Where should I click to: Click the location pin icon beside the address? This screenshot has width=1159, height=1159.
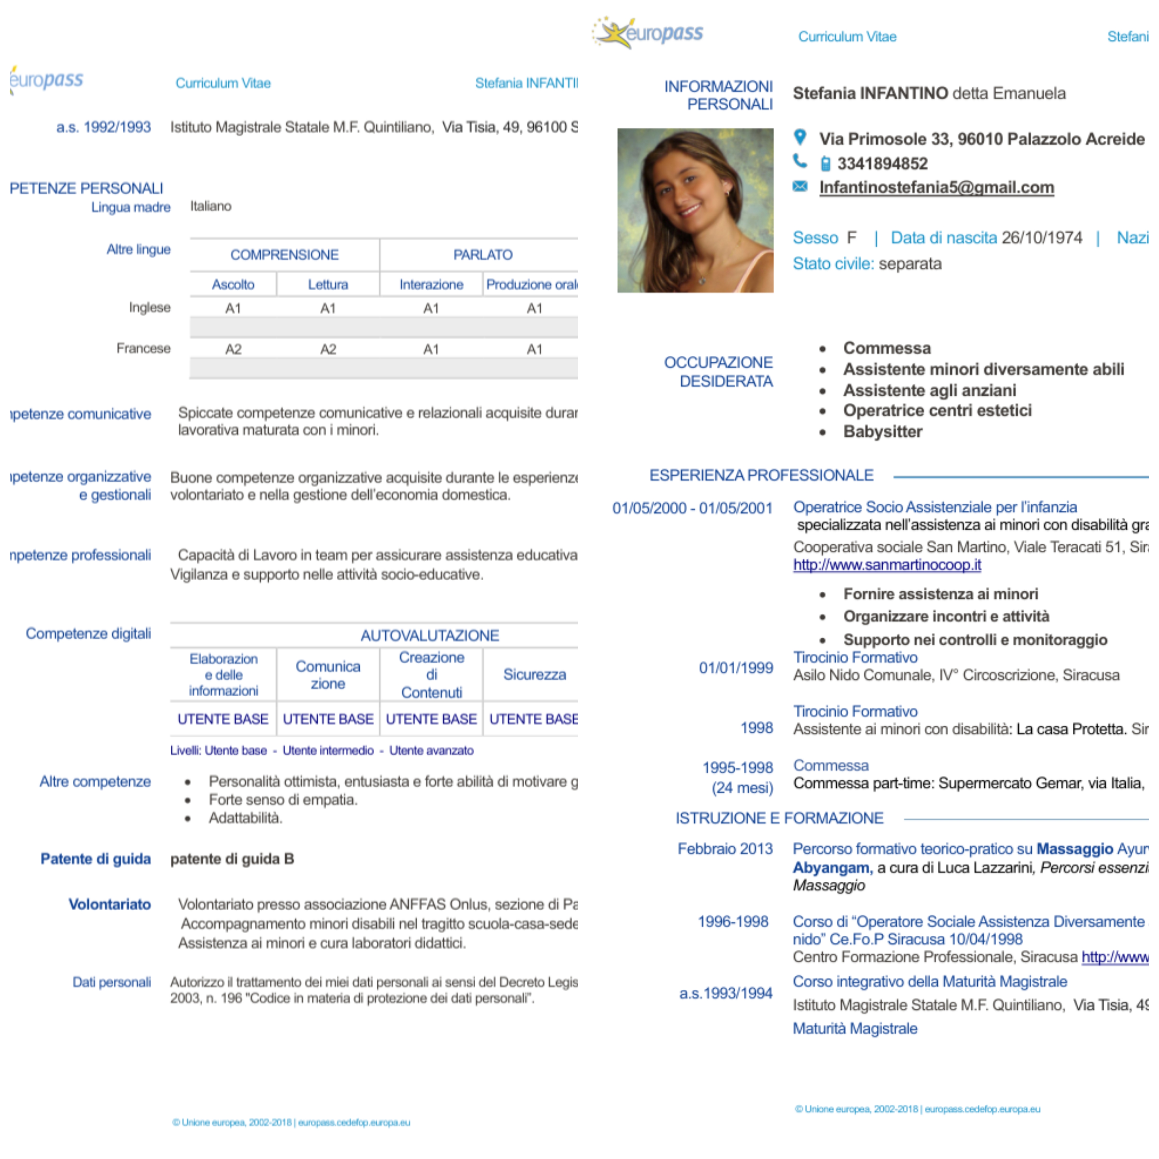coord(800,137)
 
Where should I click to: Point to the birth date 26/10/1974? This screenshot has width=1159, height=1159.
coord(1041,238)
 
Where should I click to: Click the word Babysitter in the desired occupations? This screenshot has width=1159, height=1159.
coord(883,432)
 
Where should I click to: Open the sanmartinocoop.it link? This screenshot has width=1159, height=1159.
coord(887,565)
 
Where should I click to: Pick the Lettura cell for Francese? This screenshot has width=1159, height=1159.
coord(328,349)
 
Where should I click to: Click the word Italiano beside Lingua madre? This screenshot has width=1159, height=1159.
coord(211,206)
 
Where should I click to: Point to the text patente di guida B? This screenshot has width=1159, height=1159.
coord(232,859)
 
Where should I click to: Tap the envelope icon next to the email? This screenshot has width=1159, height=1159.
coord(800,186)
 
